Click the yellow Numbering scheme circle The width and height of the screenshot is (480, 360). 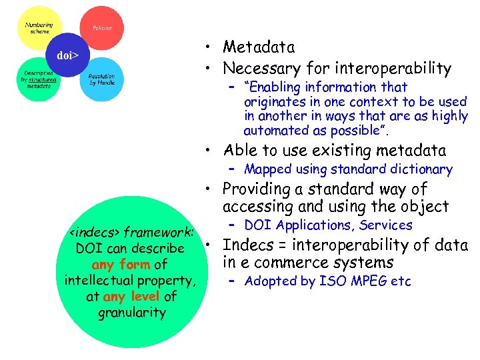click(38, 28)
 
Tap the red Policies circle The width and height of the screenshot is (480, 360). click(101, 27)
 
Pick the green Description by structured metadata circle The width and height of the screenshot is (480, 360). click(39, 79)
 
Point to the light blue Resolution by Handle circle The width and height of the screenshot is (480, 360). click(101, 79)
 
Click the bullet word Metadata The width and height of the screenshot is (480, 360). click(259, 47)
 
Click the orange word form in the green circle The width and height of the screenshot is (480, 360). click(135, 265)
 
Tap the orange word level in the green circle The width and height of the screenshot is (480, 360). click(145, 296)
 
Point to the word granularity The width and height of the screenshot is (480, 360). click(131, 312)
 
